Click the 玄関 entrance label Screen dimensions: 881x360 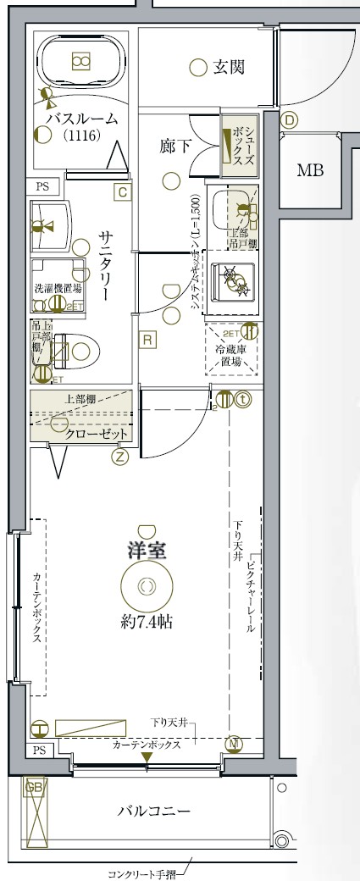click(x=229, y=66)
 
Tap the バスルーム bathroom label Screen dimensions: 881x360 click(x=82, y=119)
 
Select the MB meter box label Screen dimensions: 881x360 click(x=309, y=170)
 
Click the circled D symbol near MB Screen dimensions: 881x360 click(x=290, y=120)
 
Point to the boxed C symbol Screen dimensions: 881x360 click(x=123, y=192)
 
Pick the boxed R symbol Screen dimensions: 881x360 click(x=147, y=341)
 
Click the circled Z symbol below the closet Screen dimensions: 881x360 click(x=119, y=457)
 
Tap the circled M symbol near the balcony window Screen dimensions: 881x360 click(x=235, y=744)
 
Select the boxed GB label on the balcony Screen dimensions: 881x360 click(x=34, y=788)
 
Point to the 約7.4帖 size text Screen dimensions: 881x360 click(x=147, y=621)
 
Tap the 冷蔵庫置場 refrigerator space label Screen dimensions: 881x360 click(x=230, y=354)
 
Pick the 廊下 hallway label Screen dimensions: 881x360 click(x=175, y=146)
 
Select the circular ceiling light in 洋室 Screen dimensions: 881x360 click(x=147, y=585)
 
